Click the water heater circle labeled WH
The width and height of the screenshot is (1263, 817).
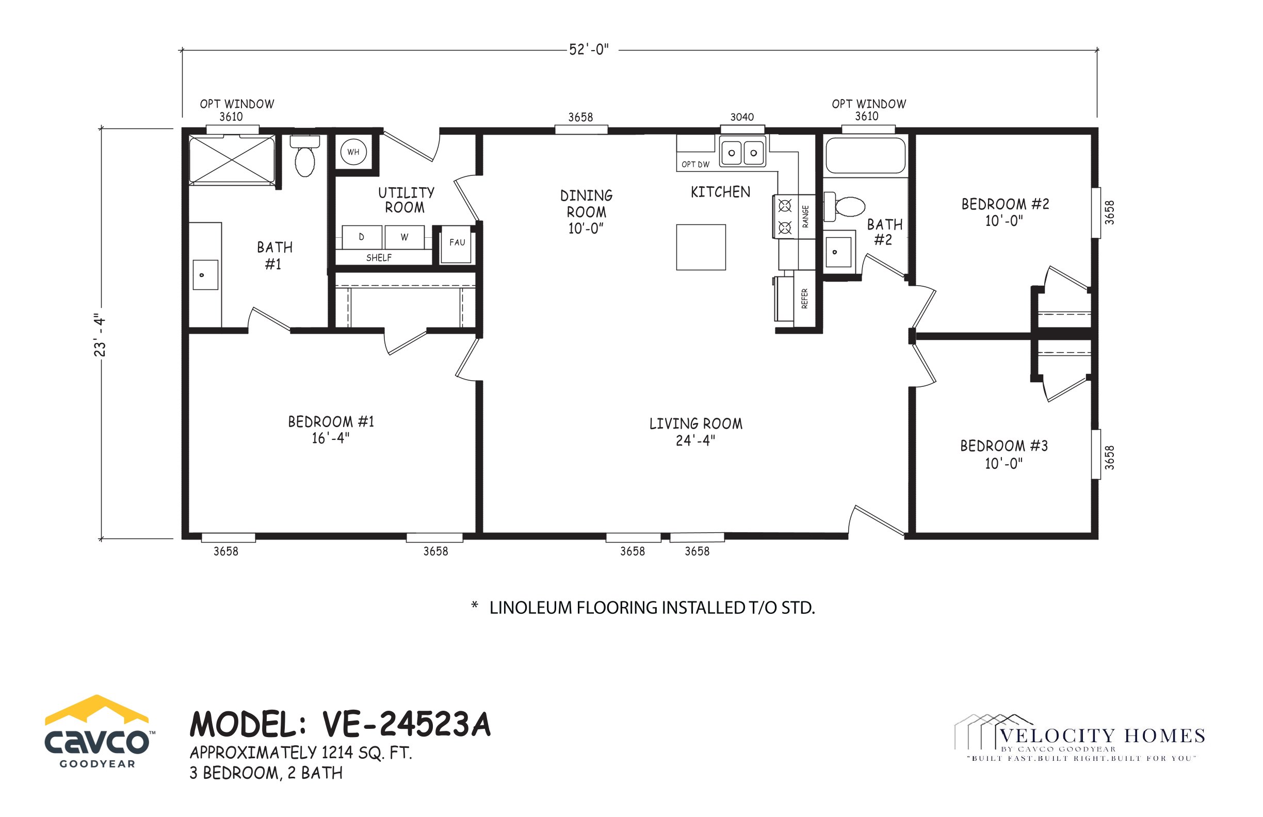coord(353,152)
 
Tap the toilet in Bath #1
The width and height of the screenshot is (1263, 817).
coord(304,156)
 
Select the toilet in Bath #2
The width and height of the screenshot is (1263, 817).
coord(844,206)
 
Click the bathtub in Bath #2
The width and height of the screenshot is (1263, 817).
coord(866,155)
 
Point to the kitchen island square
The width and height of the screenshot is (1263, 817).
coord(701,247)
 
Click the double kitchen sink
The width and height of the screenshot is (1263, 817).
coord(742,152)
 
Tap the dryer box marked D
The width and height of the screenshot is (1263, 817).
coord(362,237)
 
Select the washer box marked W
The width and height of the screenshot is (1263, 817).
coord(404,237)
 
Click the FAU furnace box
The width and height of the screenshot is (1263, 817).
coord(457,244)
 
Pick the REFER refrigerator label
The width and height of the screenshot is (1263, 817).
coord(804,299)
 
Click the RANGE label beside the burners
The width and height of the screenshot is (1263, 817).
coord(805,217)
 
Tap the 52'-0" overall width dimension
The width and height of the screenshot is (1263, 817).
coord(589,50)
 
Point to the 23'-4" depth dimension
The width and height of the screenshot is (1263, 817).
coord(100,335)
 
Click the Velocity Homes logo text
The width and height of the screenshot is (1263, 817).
coord(1103,736)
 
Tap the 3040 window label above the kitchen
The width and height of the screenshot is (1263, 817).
coord(742,117)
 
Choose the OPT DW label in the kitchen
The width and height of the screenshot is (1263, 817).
coord(695,165)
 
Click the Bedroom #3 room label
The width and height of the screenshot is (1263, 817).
coord(1004,454)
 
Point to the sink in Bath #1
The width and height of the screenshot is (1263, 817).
coord(205,275)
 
